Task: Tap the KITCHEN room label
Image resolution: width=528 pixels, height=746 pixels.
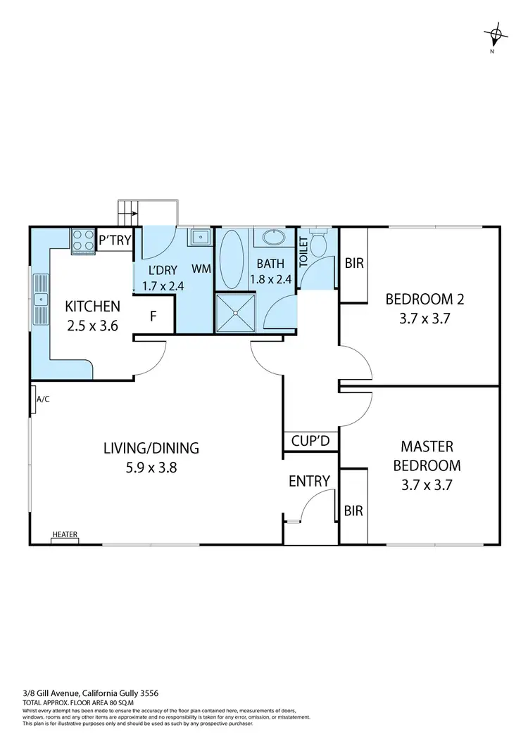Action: [92, 307]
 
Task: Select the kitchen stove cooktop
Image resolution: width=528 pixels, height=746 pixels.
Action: [82, 241]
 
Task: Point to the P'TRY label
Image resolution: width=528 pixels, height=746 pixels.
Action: [115, 240]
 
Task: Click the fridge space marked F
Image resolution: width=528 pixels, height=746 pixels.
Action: [153, 316]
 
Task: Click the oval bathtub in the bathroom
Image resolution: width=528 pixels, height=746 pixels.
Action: [232, 259]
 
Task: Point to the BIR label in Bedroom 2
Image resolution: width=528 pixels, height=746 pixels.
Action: [354, 264]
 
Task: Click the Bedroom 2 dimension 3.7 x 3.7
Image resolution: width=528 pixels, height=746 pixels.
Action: [425, 318]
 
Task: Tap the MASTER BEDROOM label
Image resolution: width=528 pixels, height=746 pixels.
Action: [427, 456]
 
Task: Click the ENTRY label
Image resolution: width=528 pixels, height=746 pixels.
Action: [309, 481]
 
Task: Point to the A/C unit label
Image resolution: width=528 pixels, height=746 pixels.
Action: [43, 399]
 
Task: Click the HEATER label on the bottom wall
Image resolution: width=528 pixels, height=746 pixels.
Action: [65, 534]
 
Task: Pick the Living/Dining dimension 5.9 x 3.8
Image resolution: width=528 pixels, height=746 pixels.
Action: [151, 465]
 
